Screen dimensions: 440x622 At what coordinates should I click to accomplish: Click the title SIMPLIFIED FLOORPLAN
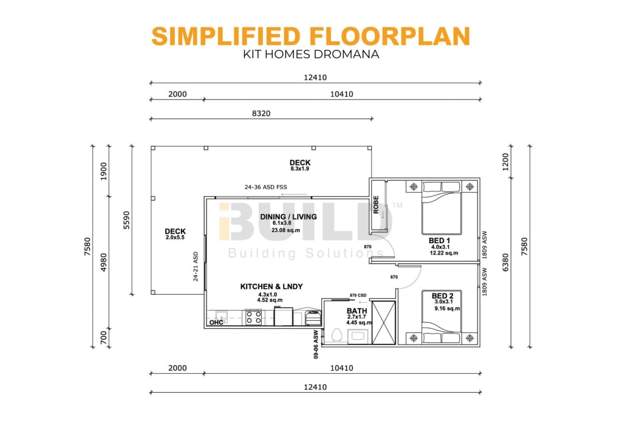[x=310, y=36]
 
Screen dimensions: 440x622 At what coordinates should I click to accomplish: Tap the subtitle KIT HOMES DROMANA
[x=310, y=53]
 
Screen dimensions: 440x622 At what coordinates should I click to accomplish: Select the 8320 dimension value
[x=261, y=112]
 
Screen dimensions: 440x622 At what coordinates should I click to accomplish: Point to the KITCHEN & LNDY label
[x=272, y=286]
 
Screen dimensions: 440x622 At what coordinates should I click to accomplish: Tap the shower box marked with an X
[x=383, y=322]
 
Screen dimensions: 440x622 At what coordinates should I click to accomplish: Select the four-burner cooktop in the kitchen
[x=253, y=317]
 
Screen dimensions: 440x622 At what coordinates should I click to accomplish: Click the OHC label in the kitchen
[x=216, y=323]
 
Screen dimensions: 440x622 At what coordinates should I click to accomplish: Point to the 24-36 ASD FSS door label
[x=265, y=187]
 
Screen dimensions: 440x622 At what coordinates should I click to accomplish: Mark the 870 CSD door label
[x=358, y=295]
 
